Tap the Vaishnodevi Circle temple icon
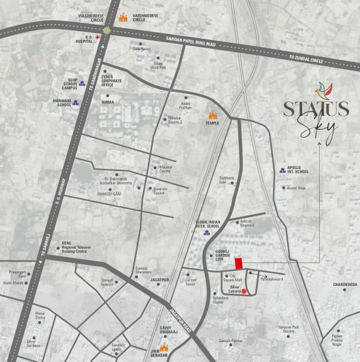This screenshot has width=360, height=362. [x=124, y=18]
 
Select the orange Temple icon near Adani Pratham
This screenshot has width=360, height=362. [x=212, y=114]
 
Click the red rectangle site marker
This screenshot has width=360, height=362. [x=239, y=263]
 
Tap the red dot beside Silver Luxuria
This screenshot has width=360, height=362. [x=244, y=291]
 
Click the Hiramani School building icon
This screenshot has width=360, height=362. [x=75, y=103]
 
